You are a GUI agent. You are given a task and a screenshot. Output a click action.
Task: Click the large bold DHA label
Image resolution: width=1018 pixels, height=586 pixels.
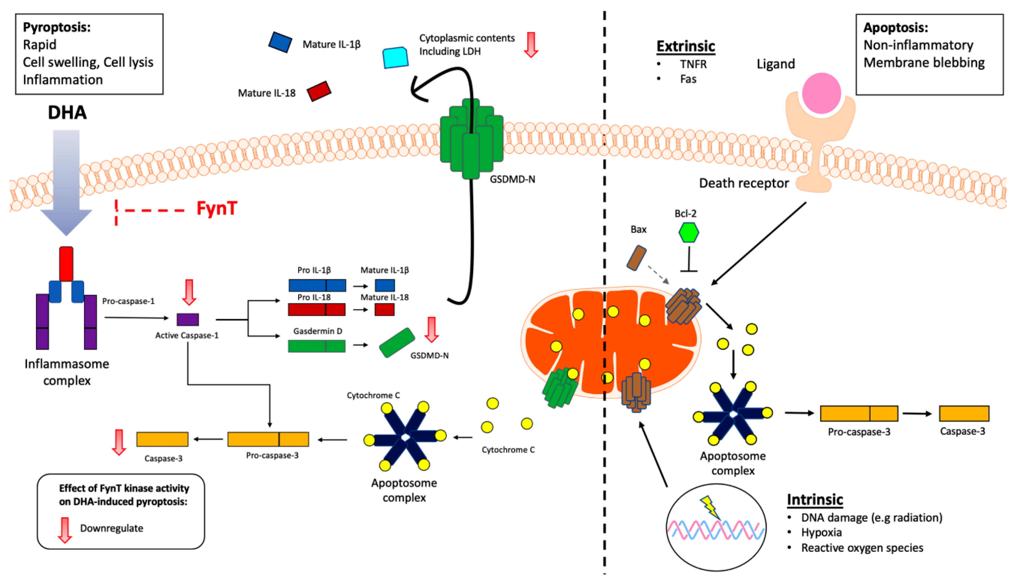pos(67,112)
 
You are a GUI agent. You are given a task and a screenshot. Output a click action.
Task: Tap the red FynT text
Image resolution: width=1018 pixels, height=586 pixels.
pos(216,208)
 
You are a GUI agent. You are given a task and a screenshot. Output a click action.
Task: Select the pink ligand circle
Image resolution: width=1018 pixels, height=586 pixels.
pos(821,93)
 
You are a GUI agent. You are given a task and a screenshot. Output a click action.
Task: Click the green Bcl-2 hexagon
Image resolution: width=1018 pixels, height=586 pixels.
pos(689,233)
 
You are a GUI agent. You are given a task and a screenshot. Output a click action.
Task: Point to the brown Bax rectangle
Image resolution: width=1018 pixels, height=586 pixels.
pos(636,258)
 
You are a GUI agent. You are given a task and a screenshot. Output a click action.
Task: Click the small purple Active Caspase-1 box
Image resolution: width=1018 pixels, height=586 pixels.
pos(187,320)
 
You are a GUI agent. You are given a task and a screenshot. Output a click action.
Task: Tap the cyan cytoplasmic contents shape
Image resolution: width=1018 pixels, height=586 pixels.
pos(395,57)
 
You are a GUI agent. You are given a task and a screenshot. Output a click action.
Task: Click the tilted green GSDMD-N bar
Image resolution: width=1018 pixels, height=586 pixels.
pos(397,342)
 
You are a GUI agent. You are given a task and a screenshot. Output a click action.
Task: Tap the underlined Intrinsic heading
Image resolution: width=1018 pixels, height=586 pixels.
pos(815,500)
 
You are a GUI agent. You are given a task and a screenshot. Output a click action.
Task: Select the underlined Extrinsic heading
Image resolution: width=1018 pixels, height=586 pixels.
pos(685,46)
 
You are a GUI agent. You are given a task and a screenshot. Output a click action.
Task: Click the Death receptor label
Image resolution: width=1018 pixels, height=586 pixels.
pos(744,183)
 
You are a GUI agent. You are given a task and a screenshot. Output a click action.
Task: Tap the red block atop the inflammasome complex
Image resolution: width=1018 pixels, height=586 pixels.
pos(66,264)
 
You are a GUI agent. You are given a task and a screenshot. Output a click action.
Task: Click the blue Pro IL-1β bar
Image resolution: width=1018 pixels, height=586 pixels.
pos(317,285)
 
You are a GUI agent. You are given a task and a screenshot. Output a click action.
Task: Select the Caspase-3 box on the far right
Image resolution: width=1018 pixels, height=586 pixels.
pos(964,413)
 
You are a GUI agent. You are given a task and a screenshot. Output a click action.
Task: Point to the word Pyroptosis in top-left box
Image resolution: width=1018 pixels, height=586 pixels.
pos(57,27)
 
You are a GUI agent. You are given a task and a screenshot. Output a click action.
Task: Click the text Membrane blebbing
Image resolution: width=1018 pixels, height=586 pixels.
pos(924,63)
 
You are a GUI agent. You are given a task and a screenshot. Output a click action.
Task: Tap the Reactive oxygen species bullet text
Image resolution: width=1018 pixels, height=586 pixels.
pos(862,548)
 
